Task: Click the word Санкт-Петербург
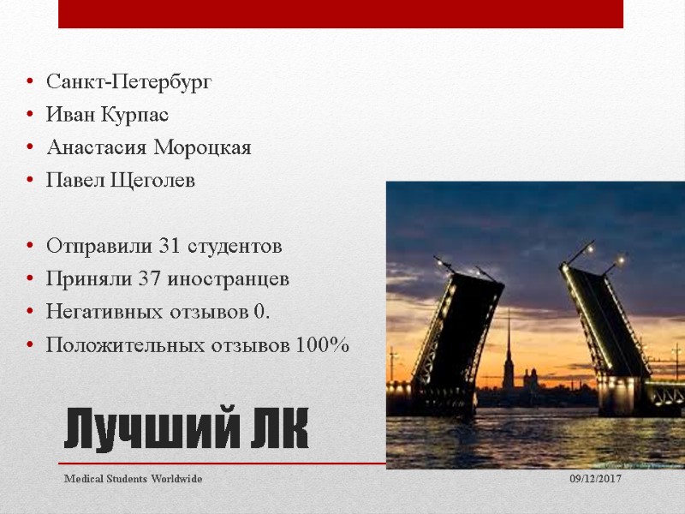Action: (128, 82)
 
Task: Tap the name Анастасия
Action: (97, 148)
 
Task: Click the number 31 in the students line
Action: (169, 247)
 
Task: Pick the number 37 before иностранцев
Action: (162, 279)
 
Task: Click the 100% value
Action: (322, 345)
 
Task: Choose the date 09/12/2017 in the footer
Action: (596, 479)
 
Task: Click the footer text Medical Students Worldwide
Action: (134, 479)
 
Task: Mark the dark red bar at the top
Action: (341, 14)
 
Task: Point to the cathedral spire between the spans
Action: (508, 343)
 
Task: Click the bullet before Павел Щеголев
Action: (30, 182)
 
